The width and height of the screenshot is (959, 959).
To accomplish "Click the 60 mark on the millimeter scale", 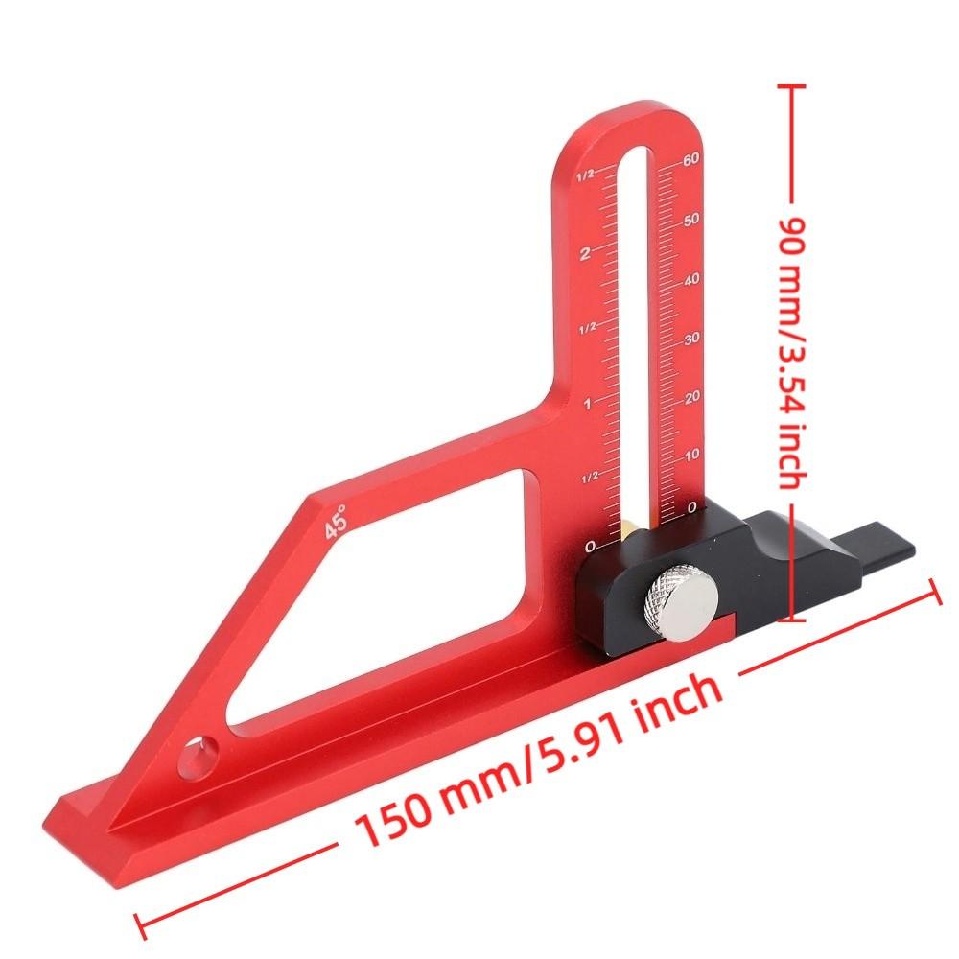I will [x=690, y=160].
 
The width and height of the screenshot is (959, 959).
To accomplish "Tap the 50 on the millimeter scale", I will [x=690, y=220].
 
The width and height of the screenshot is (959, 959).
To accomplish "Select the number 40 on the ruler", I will [x=690, y=280].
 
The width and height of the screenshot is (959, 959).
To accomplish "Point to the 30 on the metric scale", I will [x=690, y=339].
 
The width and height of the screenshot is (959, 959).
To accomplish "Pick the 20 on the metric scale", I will [x=690, y=395].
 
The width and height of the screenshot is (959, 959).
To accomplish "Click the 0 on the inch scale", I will [x=589, y=547].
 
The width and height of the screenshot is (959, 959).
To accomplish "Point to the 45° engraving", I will [x=336, y=523].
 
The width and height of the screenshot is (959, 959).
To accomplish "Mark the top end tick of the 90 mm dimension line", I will [x=792, y=85].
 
